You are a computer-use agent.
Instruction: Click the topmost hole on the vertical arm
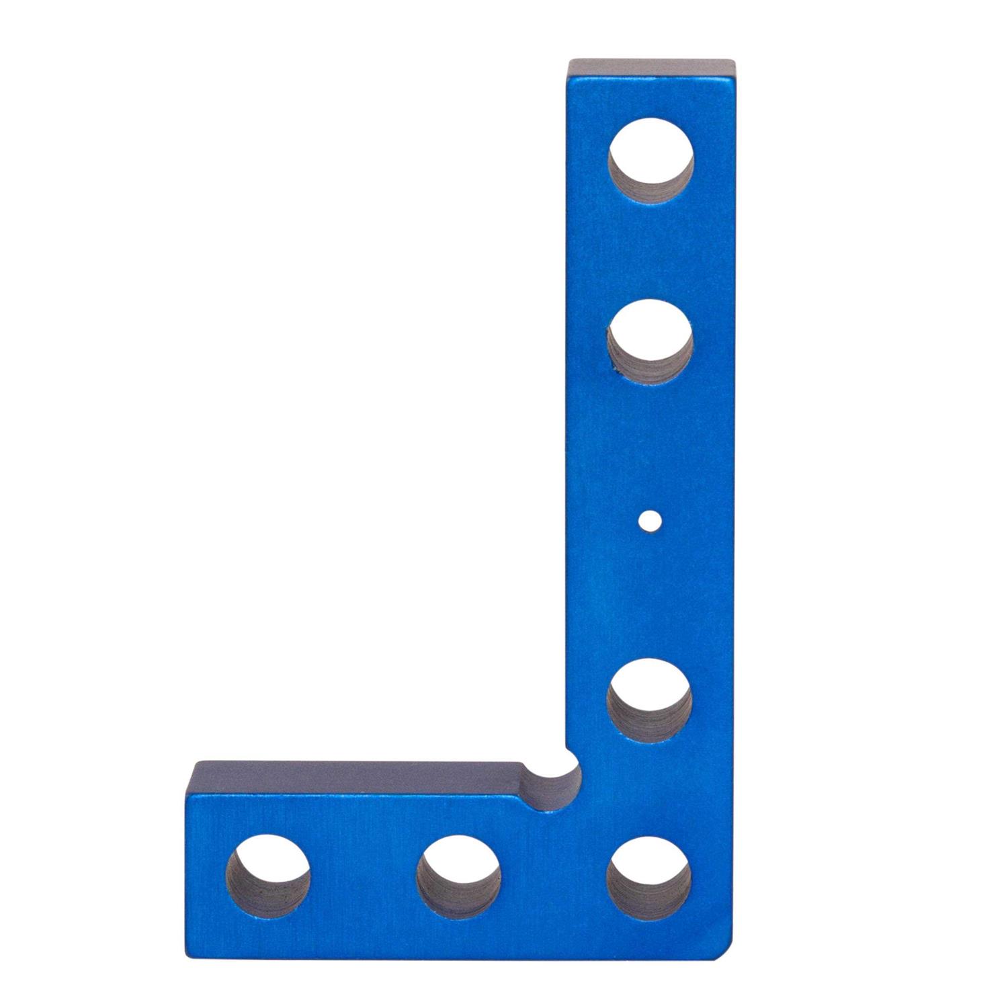[x=650, y=160]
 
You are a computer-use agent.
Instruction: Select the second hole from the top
[x=650, y=343]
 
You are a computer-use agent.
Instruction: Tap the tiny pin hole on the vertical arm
[x=649, y=519]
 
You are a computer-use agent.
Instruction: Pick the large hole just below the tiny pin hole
[x=650, y=700]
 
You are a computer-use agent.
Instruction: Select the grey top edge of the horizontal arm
[x=356, y=775]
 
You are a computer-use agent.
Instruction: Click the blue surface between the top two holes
[x=650, y=252]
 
